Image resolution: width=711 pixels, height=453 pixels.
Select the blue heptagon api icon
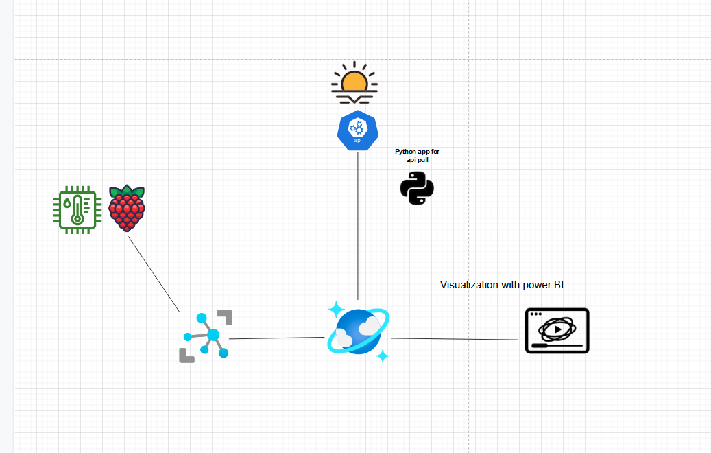tap(358, 130)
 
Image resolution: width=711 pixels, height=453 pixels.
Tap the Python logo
tap(417, 188)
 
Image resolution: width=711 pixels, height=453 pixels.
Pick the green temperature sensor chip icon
tap(77, 209)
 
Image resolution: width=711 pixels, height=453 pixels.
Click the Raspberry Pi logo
tap(127, 208)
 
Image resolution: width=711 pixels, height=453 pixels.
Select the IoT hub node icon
tap(206, 336)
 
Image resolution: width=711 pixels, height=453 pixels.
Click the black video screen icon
tap(557, 331)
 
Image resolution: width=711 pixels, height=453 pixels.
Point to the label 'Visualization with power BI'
tap(502, 285)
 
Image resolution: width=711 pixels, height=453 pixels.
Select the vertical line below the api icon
tap(358, 226)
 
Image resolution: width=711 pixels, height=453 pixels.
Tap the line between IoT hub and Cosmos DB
tap(277, 338)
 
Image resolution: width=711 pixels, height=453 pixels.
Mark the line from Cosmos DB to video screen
tap(455, 339)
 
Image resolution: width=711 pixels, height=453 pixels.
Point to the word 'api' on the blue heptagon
tap(358, 140)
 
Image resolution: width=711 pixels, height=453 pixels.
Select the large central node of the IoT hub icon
tap(213, 334)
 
